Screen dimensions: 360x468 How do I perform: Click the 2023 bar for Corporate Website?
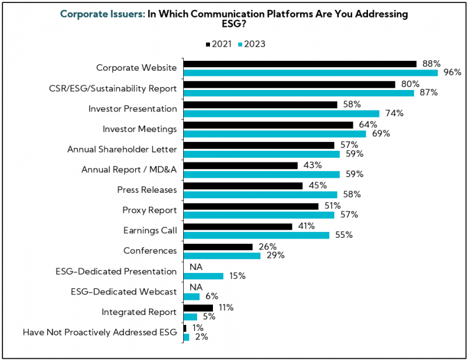tap(311, 72)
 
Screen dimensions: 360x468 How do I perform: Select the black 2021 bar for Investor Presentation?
tap(260, 105)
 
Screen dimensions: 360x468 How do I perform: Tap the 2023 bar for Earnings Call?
tap(257, 235)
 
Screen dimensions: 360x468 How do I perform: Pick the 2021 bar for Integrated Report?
tap(198, 307)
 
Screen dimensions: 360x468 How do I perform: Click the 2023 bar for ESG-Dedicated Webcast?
tap(191, 296)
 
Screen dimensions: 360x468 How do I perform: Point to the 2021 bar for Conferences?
tap(218, 247)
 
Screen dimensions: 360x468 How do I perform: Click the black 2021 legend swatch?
tap(208, 44)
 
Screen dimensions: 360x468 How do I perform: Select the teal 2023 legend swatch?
tap(239, 44)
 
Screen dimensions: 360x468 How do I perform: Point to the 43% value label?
tap(312, 165)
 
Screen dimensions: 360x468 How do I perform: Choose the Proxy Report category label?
tap(150, 210)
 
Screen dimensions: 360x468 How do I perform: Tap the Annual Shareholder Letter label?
tap(122, 149)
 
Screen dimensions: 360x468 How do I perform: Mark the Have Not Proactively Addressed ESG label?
tap(99, 332)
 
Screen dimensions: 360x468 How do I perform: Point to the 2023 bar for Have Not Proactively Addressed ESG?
tap(186, 337)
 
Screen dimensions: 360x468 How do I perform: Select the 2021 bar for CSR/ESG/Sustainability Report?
tap(289, 84)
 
